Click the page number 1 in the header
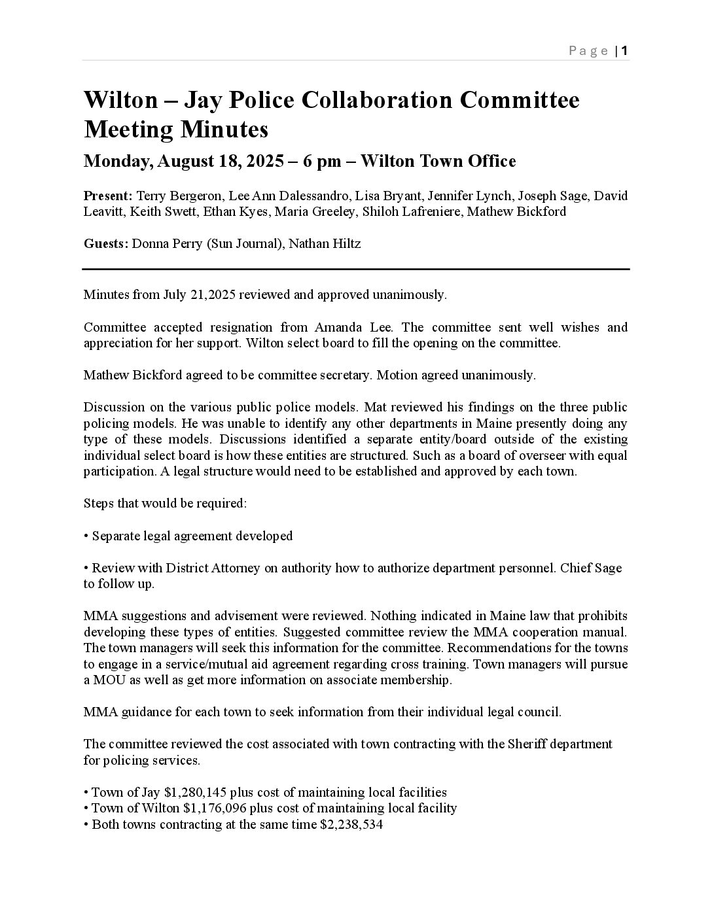click(625, 51)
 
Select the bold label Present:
click(108, 196)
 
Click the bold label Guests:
click(106, 244)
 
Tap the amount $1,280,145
click(195, 792)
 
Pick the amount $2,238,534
click(351, 824)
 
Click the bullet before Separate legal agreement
click(86, 536)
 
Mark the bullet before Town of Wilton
click(86, 808)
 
